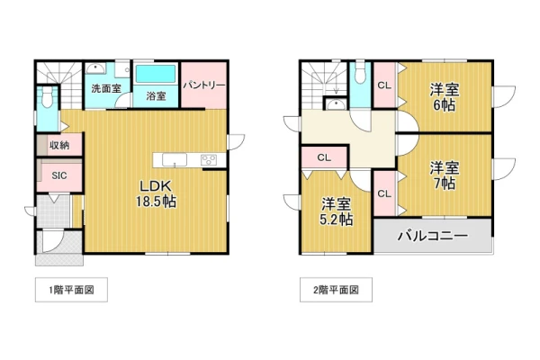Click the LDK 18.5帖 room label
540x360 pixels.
tap(156, 193)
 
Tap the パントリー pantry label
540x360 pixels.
tap(204, 85)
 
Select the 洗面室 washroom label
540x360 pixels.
tap(106, 88)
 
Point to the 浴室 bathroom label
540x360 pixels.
tap(156, 95)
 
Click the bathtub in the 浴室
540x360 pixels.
tap(156, 74)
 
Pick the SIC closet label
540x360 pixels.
tap(59, 175)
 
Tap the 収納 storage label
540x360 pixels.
tap(59, 146)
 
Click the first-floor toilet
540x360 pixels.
tap(47, 96)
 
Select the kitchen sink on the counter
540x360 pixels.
tap(175, 160)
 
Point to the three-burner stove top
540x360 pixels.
tap(209, 160)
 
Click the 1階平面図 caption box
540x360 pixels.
tap(71, 290)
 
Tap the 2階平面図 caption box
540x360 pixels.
tap(336, 290)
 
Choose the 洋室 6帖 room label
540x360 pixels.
tap(445, 97)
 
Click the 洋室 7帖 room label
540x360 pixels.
tap(445, 175)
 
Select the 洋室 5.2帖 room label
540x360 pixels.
tap(336, 211)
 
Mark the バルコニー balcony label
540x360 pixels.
tap(433, 236)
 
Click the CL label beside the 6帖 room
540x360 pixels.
tap(384, 85)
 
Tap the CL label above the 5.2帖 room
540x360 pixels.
tap(324, 157)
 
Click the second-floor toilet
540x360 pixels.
tap(360, 73)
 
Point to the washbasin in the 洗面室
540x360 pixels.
tap(96, 69)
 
